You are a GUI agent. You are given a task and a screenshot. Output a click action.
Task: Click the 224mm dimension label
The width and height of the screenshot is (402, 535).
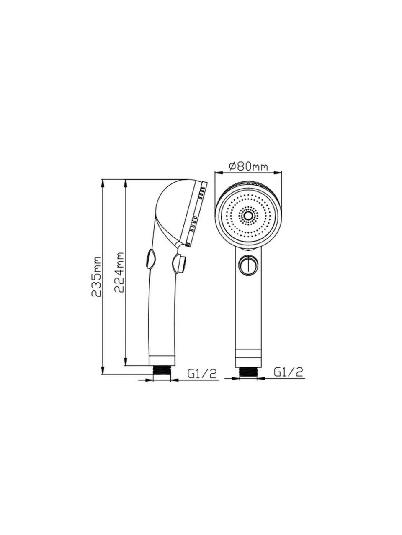[x=120, y=272]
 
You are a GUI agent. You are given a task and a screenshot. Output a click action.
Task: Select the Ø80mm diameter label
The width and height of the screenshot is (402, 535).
[x=248, y=166]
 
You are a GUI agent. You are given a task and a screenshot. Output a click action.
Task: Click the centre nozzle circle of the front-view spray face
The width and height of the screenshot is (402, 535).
[x=248, y=215]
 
